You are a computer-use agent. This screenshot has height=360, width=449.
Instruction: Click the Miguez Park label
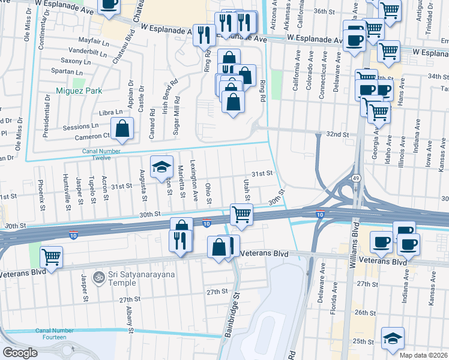tap(79, 91)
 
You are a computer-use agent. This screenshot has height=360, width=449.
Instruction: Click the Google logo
tap(20, 352)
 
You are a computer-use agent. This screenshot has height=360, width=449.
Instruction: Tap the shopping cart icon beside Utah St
tap(241, 214)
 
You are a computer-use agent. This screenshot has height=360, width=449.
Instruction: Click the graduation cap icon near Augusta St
tap(161, 167)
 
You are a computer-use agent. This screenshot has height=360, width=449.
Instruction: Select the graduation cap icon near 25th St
tap(393, 338)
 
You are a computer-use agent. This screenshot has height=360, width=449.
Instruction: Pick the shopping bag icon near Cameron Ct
tap(122, 128)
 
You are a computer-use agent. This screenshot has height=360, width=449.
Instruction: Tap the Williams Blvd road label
tap(355, 241)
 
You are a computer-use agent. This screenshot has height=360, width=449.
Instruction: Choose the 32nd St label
tap(337, 134)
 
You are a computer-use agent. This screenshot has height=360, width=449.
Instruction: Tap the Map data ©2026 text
tap(424, 355)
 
